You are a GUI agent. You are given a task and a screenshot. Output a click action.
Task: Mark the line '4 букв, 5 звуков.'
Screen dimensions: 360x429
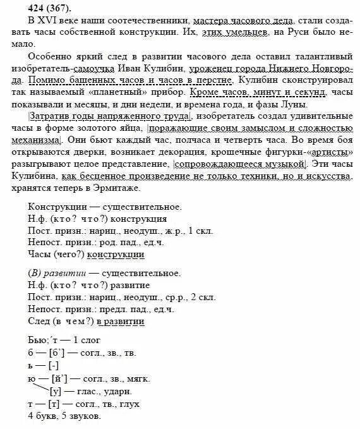64,416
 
